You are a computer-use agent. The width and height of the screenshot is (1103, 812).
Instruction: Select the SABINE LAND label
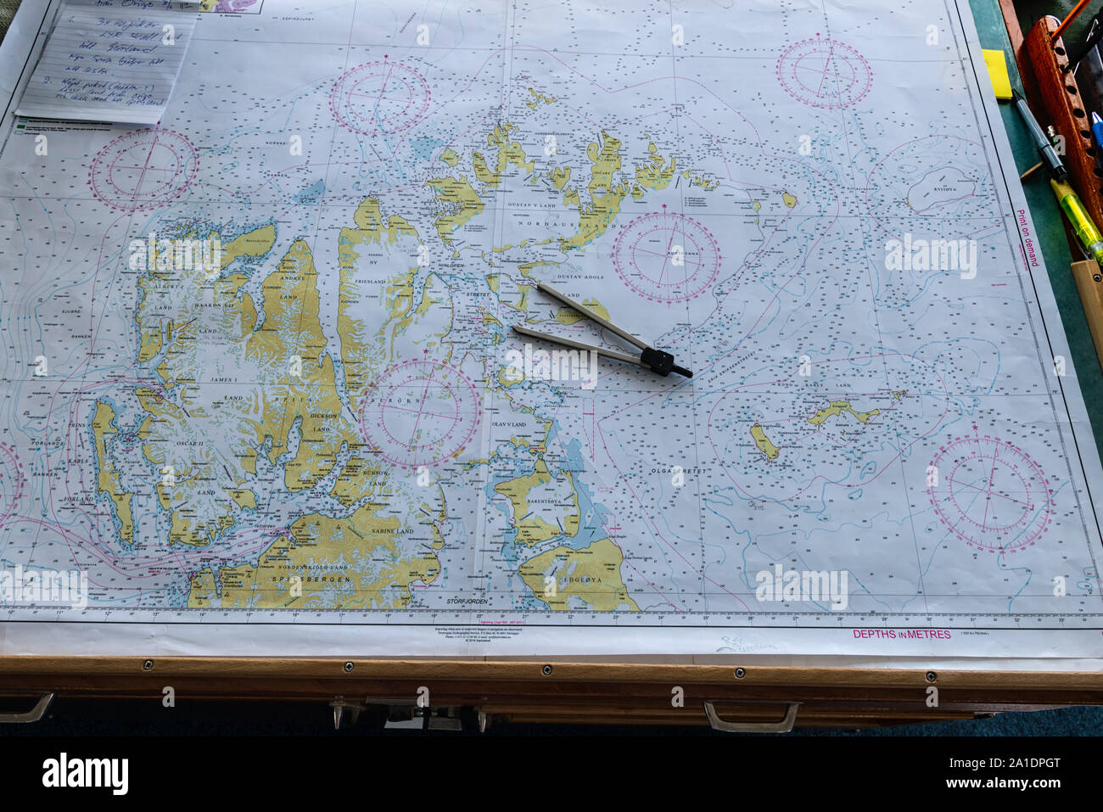[x=392, y=530]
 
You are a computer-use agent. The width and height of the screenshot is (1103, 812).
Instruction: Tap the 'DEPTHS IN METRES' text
[x=901, y=634]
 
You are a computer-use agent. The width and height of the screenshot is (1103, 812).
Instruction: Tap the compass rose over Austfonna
[x=666, y=257]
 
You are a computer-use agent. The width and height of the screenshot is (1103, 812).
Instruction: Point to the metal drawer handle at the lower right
[x=751, y=717]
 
